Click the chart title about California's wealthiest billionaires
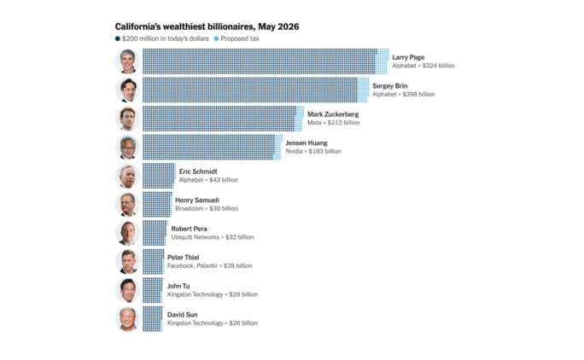[x=207, y=26]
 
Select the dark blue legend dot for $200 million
[x=117, y=38]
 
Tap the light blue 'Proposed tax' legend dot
[x=216, y=38]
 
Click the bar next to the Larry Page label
[x=266, y=61]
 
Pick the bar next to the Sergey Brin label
[x=256, y=90]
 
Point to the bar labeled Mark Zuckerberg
[x=223, y=119]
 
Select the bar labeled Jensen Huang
[x=213, y=148]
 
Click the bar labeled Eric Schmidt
[x=159, y=176]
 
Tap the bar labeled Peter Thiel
[x=154, y=262]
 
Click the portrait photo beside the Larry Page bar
[x=128, y=61]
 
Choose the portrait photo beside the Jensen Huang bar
[x=128, y=148]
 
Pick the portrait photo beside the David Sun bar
[x=128, y=319]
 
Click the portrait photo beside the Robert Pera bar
[x=128, y=233]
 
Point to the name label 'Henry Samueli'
[x=197, y=200]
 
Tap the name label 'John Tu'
[x=178, y=286]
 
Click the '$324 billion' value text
[x=438, y=66]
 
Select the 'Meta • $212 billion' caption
[x=333, y=123]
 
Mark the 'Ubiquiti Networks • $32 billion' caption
[x=213, y=237]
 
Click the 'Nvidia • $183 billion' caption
[x=313, y=152]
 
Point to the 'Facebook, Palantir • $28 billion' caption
[x=210, y=266]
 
